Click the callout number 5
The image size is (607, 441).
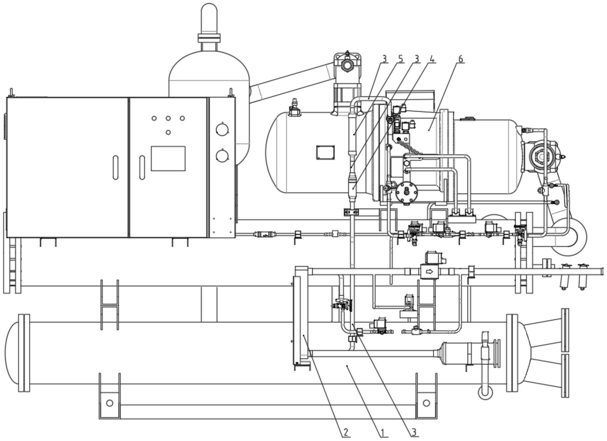[400, 59]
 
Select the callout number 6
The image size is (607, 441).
[461, 59]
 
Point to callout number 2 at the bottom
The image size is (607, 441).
[346, 432]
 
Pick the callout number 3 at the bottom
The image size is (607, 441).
[414, 432]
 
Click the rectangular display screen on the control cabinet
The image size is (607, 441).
[168, 158]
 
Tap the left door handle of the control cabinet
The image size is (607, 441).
[116, 167]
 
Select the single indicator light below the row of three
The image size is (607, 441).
[168, 132]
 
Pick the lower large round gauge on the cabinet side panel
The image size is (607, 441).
[222, 156]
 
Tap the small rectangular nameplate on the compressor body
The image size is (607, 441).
[325, 152]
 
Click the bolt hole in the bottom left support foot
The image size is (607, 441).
[110, 403]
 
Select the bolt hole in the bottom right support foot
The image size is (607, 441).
[426, 403]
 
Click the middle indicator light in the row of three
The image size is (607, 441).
[168, 118]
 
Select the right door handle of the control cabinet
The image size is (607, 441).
[142, 167]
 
